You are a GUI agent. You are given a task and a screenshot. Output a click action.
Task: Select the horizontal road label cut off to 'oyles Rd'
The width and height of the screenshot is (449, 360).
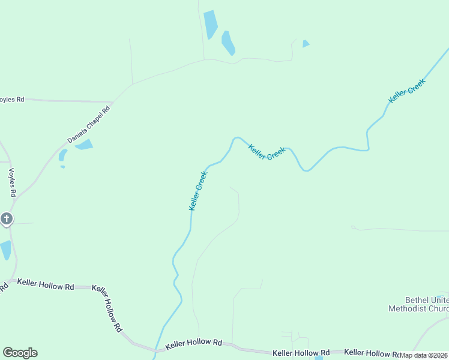tap(12, 99)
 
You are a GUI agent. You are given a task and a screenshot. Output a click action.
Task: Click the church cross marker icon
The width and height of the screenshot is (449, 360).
tap(7, 218)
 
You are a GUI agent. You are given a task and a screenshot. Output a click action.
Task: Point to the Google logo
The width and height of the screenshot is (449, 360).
tap(20, 353)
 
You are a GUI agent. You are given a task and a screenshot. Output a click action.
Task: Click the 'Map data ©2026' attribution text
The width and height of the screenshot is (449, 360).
tap(424, 355)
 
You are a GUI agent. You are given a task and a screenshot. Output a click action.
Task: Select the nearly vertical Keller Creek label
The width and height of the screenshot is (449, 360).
tap(198, 191)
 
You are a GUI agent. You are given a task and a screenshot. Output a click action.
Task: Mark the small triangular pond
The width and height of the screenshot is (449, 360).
tap(306, 44)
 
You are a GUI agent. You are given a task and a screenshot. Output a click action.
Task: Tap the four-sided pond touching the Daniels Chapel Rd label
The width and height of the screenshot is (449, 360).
tap(84, 145)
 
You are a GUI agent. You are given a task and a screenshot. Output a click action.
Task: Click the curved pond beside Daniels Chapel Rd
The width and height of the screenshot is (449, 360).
tap(62, 155)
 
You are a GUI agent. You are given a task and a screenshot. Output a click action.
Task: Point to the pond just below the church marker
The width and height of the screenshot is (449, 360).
tap(5, 250)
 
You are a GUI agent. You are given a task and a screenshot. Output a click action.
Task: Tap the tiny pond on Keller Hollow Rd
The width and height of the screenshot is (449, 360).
tap(319, 358)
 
